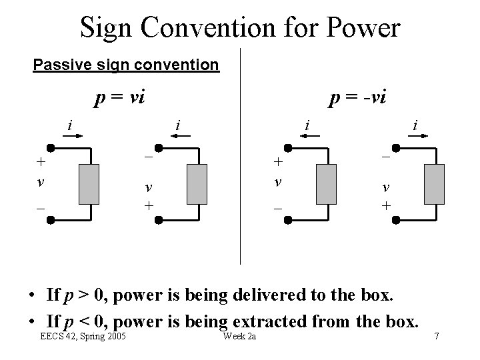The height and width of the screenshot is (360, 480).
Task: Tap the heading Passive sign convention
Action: (126, 65)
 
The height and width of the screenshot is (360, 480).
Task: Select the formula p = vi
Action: (120, 99)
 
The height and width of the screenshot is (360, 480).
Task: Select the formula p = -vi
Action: (359, 99)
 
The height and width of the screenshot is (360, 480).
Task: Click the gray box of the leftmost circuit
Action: (89, 183)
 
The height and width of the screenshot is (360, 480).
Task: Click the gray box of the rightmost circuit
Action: (433, 183)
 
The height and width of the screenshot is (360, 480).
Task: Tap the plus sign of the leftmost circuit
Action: (41, 161)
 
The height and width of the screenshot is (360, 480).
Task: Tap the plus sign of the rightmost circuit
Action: (386, 206)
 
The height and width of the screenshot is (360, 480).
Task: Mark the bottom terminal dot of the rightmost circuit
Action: (395, 218)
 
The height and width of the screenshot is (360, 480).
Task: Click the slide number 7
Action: (437, 335)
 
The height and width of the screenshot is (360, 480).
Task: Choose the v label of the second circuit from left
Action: (149, 188)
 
